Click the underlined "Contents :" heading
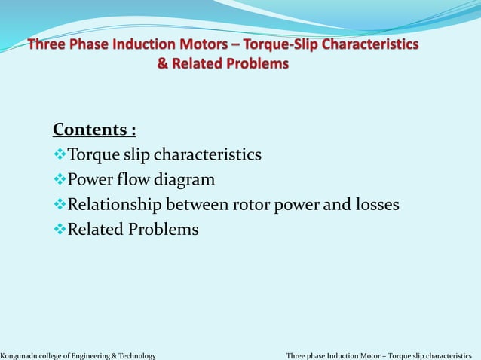pyautogui.click(x=94, y=130)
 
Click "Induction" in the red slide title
pyautogui.click(x=149, y=45)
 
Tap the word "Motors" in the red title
pyautogui.click(x=223, y=45)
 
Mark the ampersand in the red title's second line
pyautogui.click(x=162, y=64)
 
